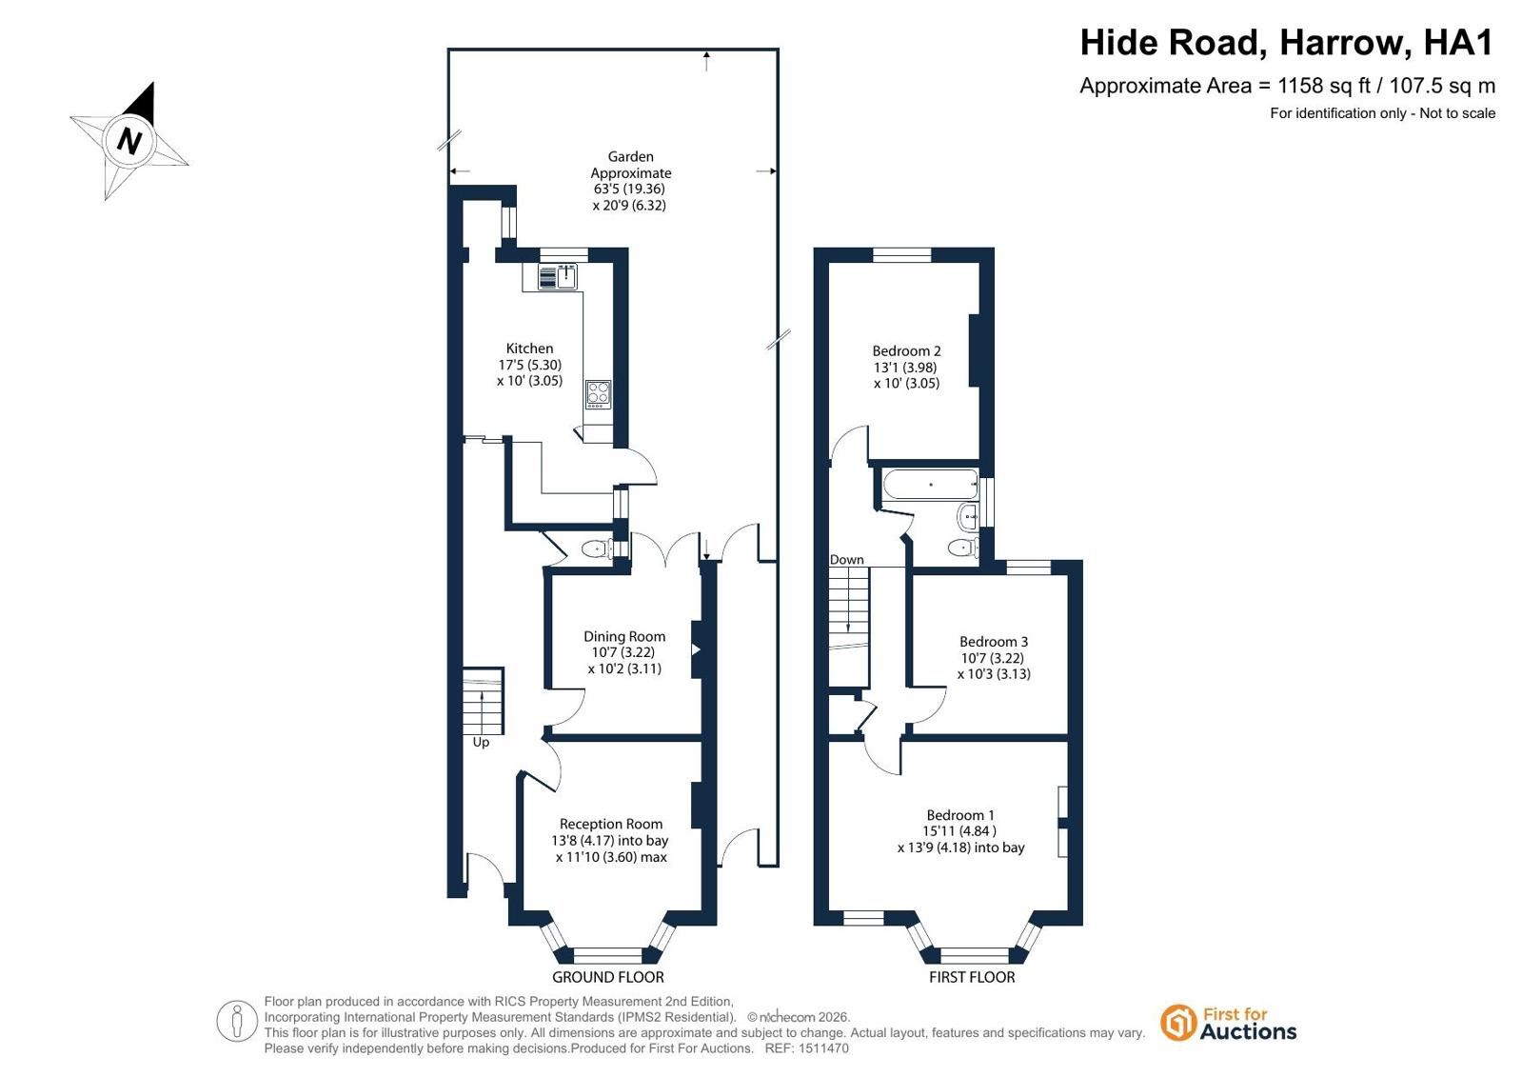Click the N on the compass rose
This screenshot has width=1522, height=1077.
(129, 142)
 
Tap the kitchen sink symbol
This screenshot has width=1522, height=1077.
(558, 277)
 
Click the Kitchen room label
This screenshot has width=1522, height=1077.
(529, 349)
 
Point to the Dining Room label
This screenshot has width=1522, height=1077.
(624, 636)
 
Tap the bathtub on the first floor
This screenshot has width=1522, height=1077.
(931, 484)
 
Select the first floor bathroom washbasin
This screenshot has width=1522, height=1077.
(968, 517)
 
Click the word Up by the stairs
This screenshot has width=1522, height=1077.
(481, 742)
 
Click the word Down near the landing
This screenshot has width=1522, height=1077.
(846, 560)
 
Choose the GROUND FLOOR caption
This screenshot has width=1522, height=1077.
(607, 977)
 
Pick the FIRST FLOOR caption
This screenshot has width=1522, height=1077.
(972, 977)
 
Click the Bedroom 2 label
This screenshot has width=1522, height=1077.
(906, 350)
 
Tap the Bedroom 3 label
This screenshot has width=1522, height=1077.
(994, 641)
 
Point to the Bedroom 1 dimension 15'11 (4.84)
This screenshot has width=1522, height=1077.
(959, 831)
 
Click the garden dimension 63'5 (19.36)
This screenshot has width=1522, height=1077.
(629, 189)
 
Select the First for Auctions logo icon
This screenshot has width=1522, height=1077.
(1177, 1023)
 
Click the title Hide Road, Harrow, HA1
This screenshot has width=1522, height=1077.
(1287, 42)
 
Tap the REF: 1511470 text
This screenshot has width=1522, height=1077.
(806, 1048)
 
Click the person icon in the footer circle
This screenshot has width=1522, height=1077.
(236, 1021)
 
